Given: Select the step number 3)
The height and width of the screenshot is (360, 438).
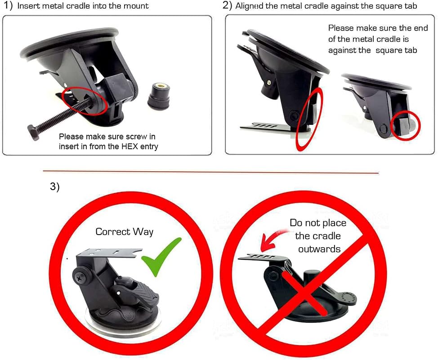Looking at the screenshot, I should click(x=54, y=187).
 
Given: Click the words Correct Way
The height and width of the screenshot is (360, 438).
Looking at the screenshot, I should click(x=124, y=232).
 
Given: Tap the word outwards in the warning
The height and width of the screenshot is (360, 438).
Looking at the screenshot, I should click(x=319, y=248).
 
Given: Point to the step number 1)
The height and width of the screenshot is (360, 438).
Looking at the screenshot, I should click(x=8, y=6).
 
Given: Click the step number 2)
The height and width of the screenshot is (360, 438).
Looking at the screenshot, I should click(x=227, y=6).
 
